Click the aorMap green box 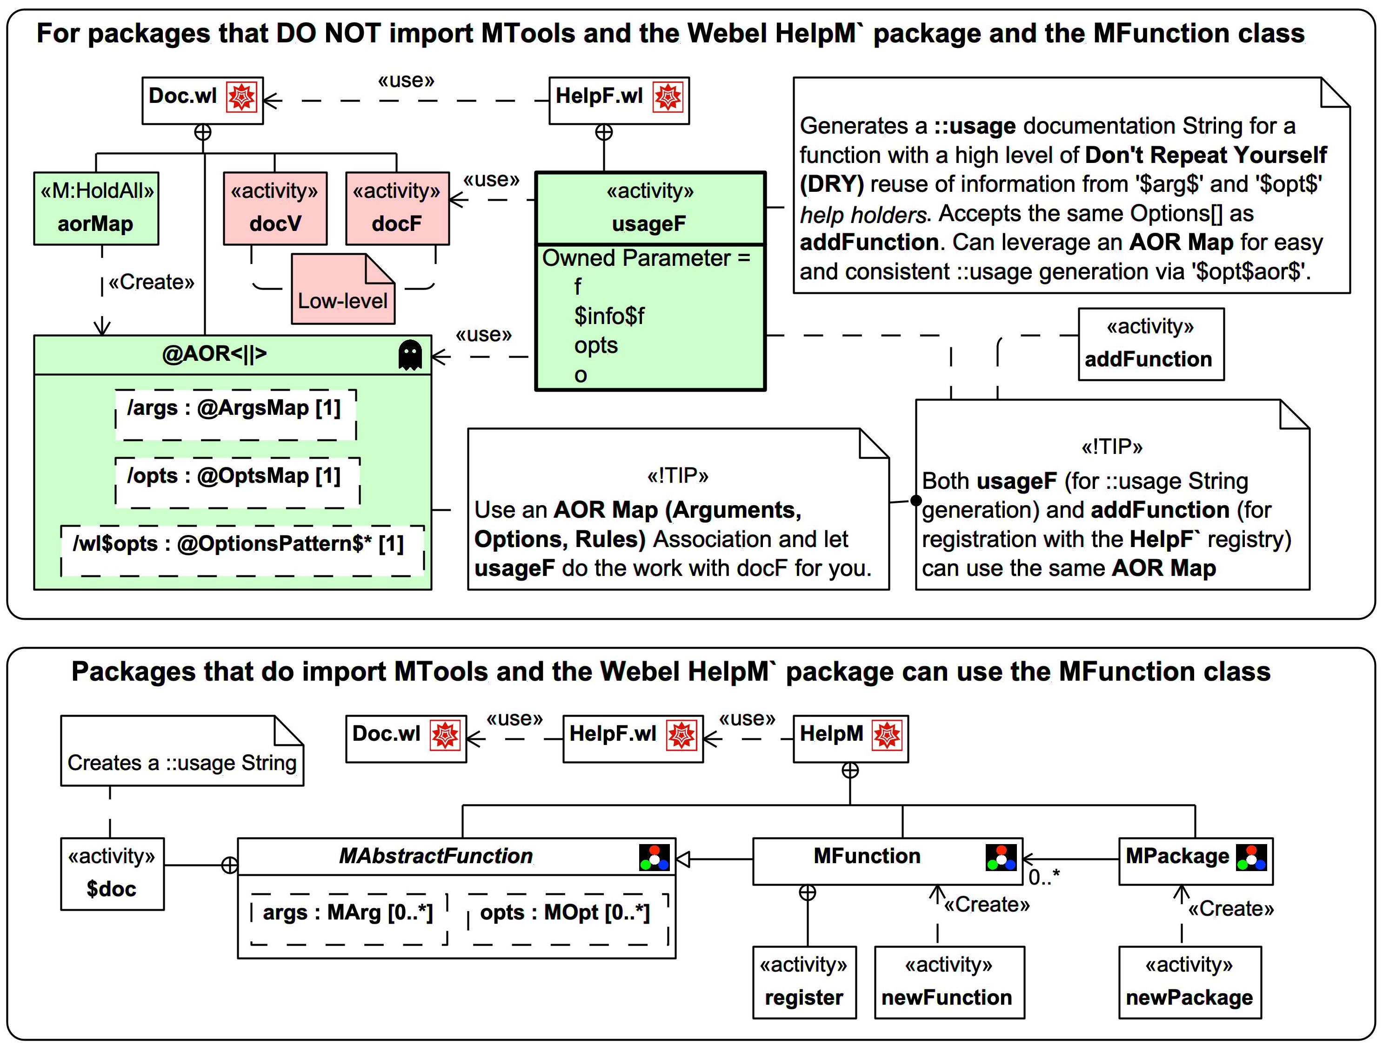(x=96, y=209)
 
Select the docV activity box (x=275, y=209)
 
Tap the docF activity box (x=397, y=209)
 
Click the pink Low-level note (x=343, y=289)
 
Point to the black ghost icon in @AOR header (x=410, y=355)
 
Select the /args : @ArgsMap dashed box (x=236, y=415)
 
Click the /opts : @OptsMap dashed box (x=238, y=482)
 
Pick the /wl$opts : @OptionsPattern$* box (x=242, y=551)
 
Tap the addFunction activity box (x=1151, y=344)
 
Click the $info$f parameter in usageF (x=609, y=316)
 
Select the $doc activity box (x=113, y=873)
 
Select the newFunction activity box (x=949, y=982)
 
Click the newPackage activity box (x=1190, y=982)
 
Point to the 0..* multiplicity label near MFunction (x=1044, y=877)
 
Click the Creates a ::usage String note (x=182, y=751)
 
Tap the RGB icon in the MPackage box (x=1252, y=857)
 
